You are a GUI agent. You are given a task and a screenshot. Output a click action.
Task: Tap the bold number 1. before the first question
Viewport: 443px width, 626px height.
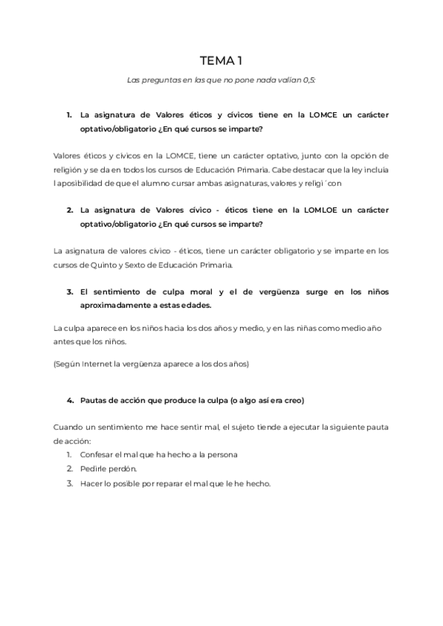point(69,115)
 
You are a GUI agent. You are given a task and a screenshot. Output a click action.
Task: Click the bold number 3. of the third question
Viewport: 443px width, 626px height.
point(69,292)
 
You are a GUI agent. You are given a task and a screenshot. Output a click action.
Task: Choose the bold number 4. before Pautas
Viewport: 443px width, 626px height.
point(69,399)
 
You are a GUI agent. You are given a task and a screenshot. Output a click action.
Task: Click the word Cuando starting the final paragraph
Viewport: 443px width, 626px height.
point(69,427)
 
